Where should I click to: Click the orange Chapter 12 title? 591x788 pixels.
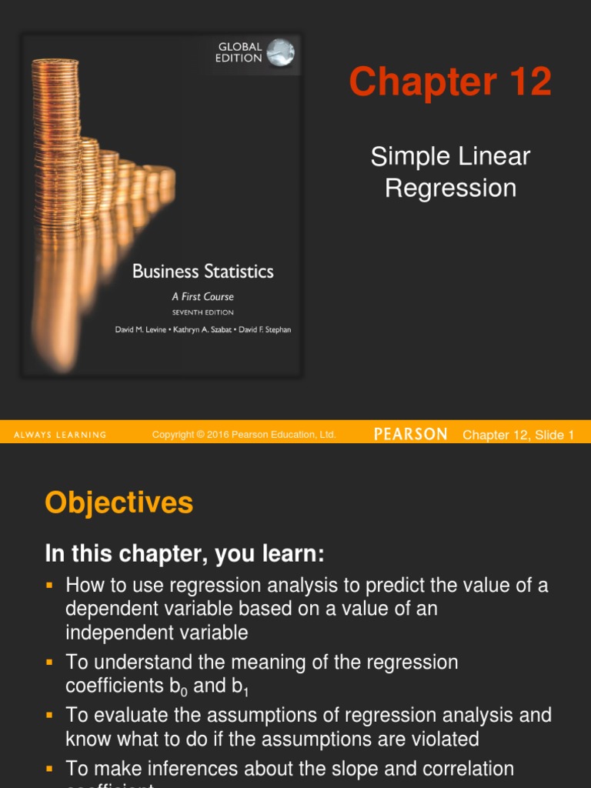tap(450, 82)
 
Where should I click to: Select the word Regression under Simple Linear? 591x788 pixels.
tap(450, 188)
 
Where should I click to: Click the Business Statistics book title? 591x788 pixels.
tap(202, 272)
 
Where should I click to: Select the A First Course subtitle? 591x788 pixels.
tap(202, 296)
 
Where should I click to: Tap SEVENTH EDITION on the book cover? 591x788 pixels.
tap(202, 312)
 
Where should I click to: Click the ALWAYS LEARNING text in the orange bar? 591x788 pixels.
tap(60, 436)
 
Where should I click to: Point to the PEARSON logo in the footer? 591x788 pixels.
tap(410, 435)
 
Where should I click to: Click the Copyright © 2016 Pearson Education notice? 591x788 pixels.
tap(244, 436)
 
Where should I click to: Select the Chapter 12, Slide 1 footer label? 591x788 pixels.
tap(518, 436)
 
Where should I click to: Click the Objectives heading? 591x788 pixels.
tap(119, 503)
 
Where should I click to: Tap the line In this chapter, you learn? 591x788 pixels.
tap(185, 554)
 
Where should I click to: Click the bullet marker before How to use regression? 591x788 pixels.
tap(51, 586)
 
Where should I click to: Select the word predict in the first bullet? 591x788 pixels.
tap(395, 586)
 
